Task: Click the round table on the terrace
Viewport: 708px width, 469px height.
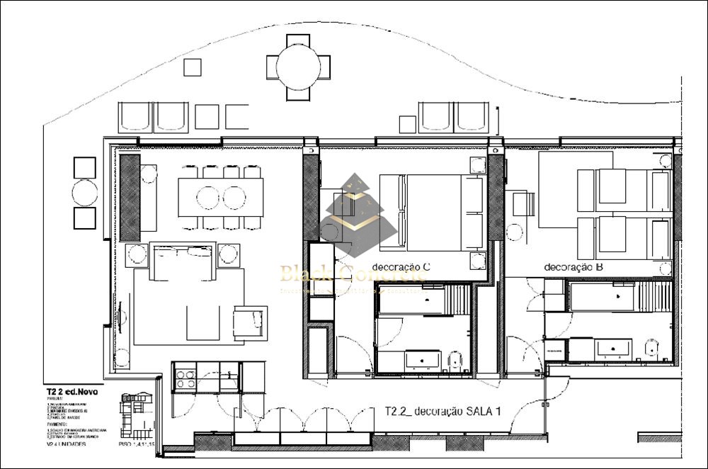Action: click(x=303, y=68)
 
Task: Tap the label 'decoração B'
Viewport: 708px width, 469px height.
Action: click(x=573, y=267)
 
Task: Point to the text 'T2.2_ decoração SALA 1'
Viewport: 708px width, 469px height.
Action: click(x=443, y=411)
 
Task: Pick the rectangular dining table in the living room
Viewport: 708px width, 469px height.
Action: click(x=220, y=196)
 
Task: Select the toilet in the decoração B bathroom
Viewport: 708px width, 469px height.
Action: click(x=652, y=348)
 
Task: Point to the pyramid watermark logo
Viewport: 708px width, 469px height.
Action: click(x=357, y=216)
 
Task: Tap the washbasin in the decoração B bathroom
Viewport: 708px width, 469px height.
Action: click(x=613, y=348)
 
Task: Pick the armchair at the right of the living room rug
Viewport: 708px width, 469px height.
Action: click(x=250, y=322)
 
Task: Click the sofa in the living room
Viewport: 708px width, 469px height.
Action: click(x=183, y=264)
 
